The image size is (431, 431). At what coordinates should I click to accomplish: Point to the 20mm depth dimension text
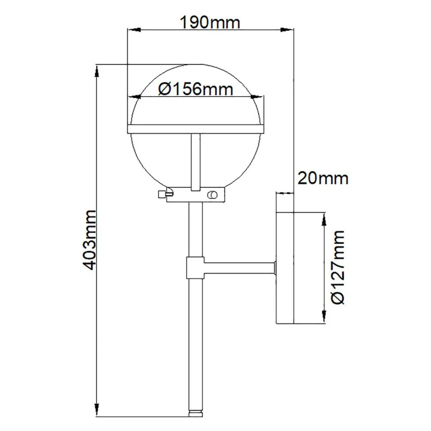coord(323,178)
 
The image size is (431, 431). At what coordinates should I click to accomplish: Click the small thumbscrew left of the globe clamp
coord(161,195)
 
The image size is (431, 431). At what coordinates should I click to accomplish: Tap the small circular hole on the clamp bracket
coord(212,195)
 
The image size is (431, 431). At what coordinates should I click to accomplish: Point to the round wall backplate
coord(285,267)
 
